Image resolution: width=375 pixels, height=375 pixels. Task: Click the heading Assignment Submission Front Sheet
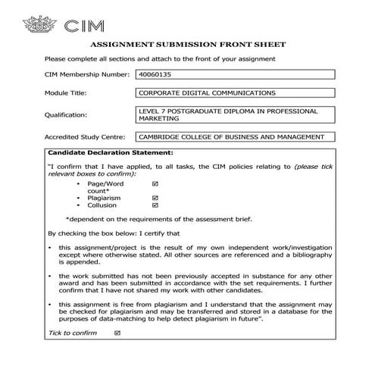coord(187,45)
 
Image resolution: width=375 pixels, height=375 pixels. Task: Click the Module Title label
coord(66,94)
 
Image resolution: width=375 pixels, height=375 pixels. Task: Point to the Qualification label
coord(67,115)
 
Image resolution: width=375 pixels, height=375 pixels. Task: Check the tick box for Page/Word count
coord(155,184)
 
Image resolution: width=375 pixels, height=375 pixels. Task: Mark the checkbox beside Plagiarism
coord(155,198)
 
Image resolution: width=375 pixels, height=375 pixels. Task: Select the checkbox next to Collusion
coord(155,205)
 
